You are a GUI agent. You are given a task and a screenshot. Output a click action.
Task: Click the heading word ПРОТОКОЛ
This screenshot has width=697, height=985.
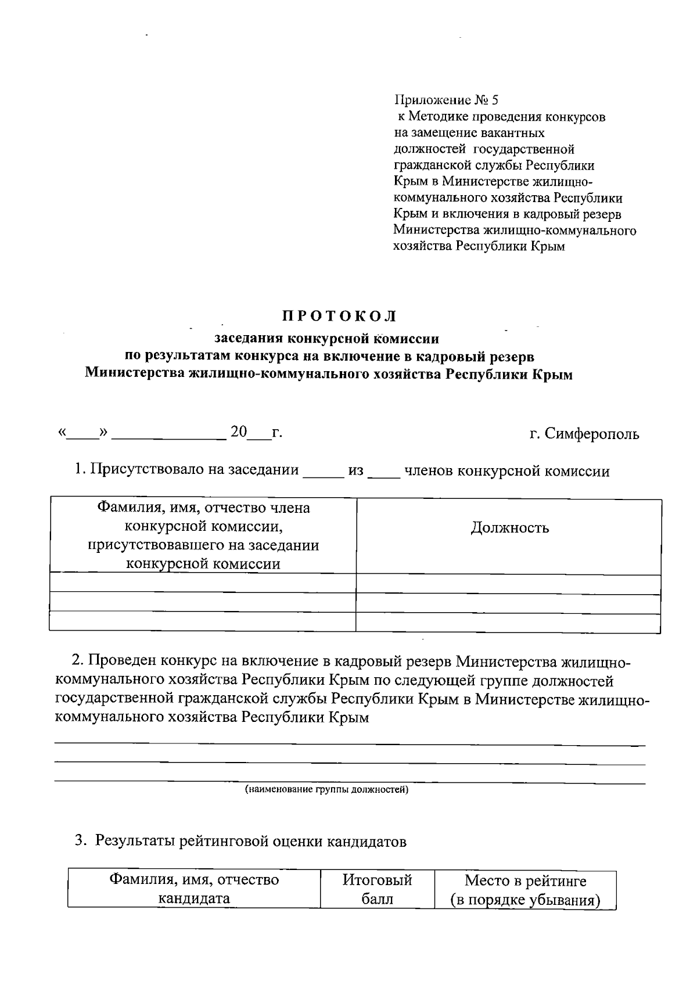click(x=340, y=317)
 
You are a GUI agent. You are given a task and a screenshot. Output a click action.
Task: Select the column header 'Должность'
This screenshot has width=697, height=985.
click(x=509, y=528)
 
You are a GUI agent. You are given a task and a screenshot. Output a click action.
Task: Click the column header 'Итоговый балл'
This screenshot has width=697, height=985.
click(x=377, y=889)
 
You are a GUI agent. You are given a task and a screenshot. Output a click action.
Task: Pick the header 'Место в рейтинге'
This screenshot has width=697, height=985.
click(x=525, y=881)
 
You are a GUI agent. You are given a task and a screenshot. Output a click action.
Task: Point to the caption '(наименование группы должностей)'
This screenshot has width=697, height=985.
click(x=326, y=790)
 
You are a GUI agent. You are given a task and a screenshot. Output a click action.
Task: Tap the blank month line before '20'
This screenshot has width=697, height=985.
click(x=168, y=434)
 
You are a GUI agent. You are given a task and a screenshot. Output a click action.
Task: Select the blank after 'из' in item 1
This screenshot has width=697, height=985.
click(x=384, y=471)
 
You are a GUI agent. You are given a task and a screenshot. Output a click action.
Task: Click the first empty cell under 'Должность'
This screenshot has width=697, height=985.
click(x=508, y=584)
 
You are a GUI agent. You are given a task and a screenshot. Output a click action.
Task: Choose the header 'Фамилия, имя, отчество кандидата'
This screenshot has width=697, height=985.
click(x=195, y=889)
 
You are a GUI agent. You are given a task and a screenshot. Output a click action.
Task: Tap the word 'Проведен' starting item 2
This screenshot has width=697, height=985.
click(x=123, y=662)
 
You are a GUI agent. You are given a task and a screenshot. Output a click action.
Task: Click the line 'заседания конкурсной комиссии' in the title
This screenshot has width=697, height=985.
click(x=327, y=339)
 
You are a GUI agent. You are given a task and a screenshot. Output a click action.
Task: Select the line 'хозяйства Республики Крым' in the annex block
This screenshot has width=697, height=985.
click(x=479, y=246)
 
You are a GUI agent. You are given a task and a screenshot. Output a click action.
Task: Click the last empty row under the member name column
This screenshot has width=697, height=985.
click(x=203, y=623)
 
